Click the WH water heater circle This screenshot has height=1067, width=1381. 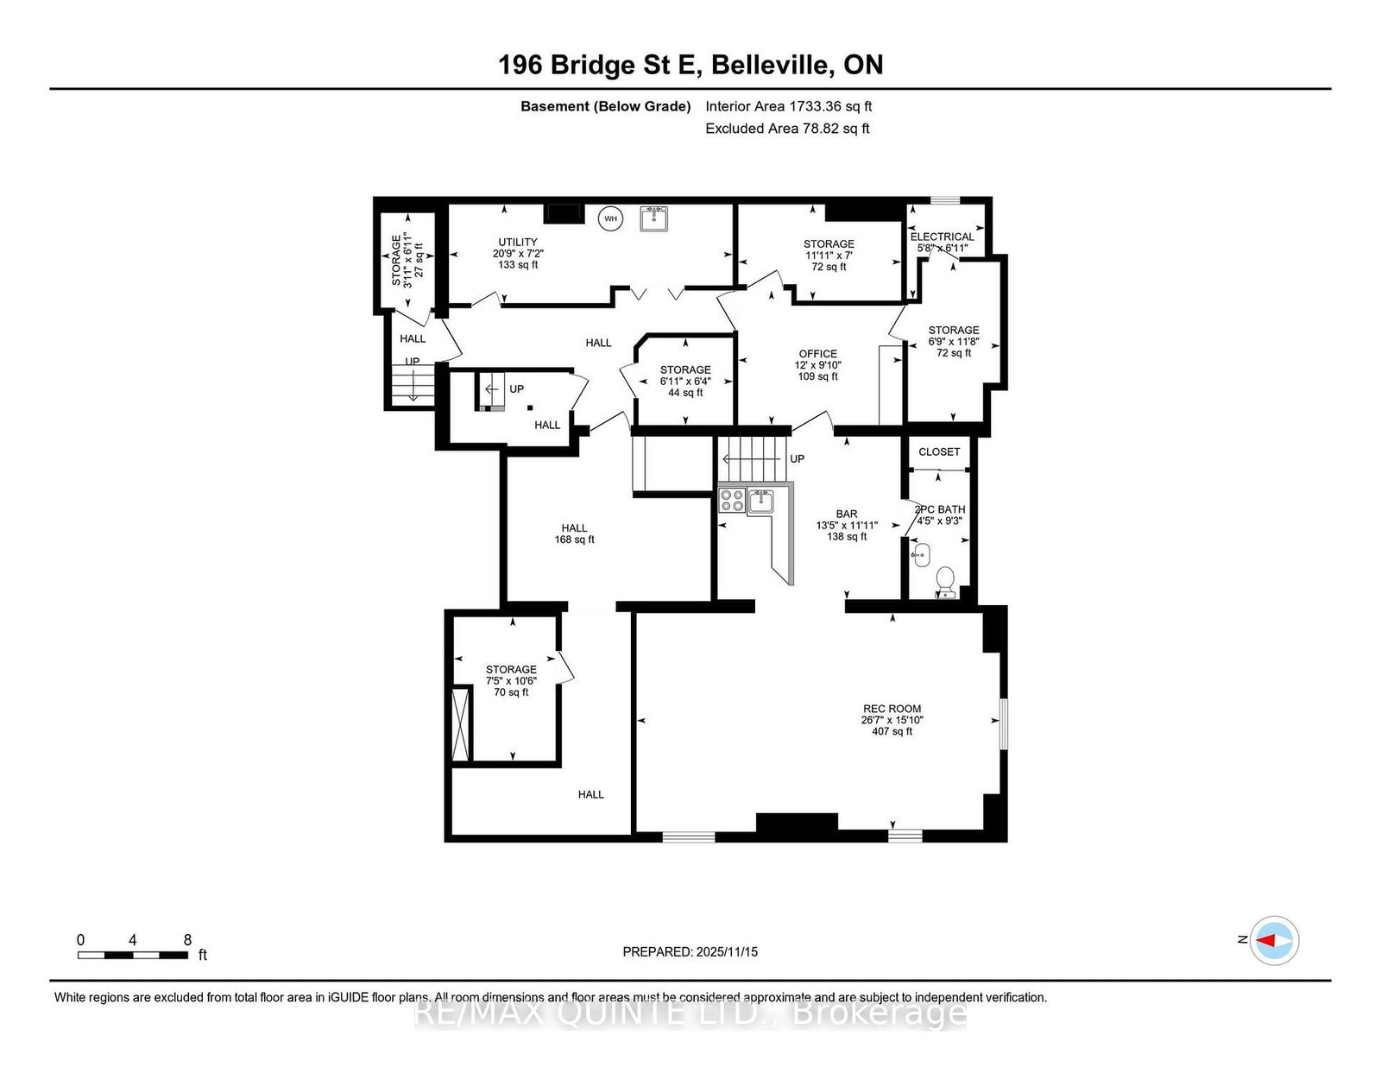[610, 218]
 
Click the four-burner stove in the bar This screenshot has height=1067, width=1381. [731, 500]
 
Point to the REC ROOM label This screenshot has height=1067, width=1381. [892, 709]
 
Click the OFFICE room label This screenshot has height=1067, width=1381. [818, 354]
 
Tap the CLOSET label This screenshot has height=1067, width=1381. [939, 451]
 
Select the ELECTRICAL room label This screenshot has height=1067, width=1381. [942, 237]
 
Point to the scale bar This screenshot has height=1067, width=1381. [133, 955]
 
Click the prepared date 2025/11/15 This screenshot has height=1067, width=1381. [727, 952]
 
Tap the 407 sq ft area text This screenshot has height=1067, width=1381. [892, 731]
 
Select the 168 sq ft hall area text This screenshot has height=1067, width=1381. [574, 540]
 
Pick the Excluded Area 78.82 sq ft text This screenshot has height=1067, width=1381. [787, 129]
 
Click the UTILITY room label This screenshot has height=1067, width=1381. [517, 242]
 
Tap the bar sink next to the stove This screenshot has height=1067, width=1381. [760, 501]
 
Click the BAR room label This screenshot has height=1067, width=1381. [847, 514]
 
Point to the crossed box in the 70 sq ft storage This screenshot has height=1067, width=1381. [461, 723]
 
